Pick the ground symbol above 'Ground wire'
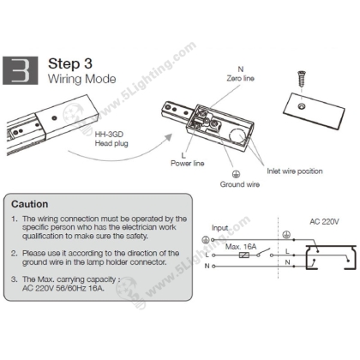(236, 169)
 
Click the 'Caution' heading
(30, 204)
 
